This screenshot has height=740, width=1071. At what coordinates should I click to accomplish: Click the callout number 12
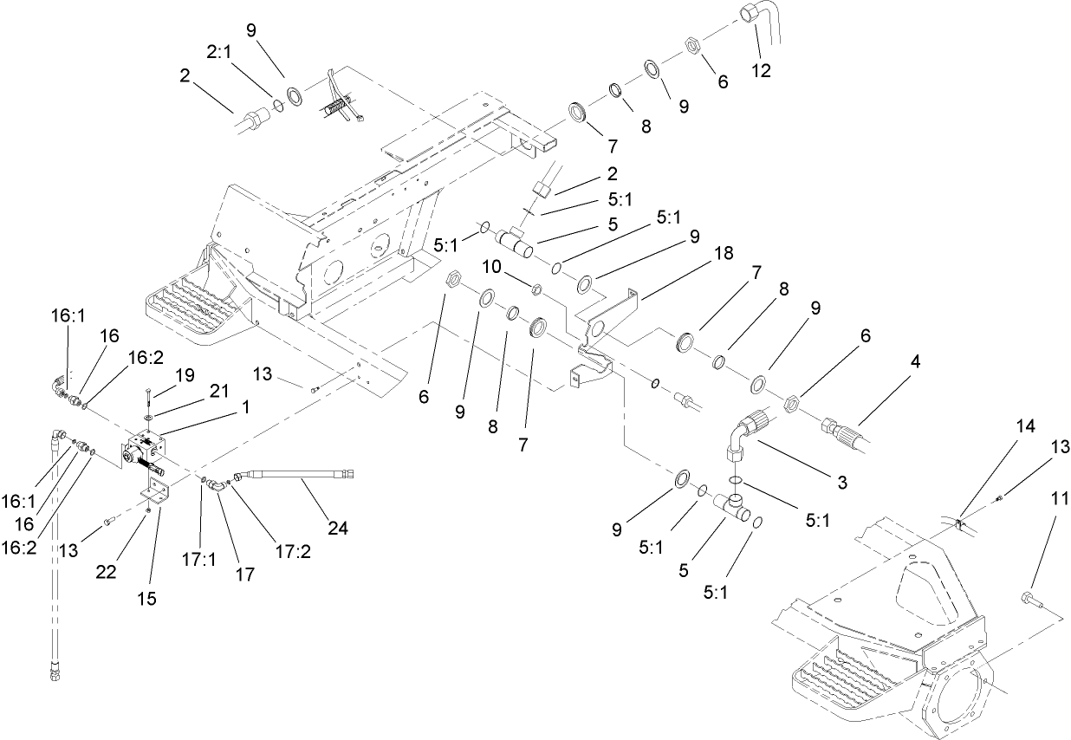click(x=762, y=72)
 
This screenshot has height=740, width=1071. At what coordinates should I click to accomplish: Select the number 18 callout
click(x=723, y=253)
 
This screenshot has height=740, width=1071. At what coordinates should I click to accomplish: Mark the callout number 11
click(x=1035, y=549)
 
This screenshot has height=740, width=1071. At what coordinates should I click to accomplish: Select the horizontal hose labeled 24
click(x=299, y=476)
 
